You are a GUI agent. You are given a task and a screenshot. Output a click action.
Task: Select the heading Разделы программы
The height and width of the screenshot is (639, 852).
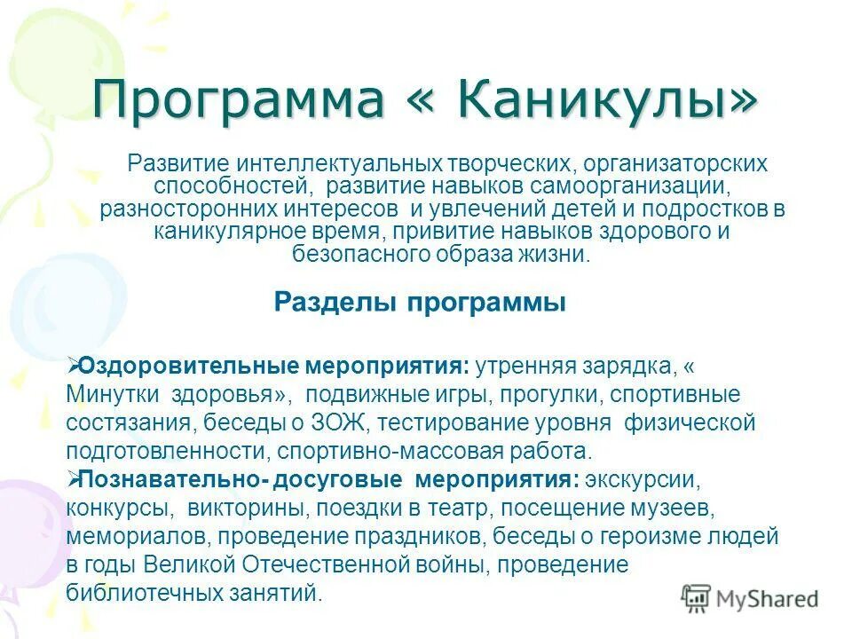click(x=420, y=303)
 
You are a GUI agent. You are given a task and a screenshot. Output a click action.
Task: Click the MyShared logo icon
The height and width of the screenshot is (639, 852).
click(x=698, y=598)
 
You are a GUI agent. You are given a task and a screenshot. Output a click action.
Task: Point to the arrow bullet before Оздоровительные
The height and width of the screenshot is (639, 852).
click(x=74, y=365)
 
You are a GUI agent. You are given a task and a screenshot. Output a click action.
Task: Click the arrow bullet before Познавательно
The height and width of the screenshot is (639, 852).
click(x=74, y=478)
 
